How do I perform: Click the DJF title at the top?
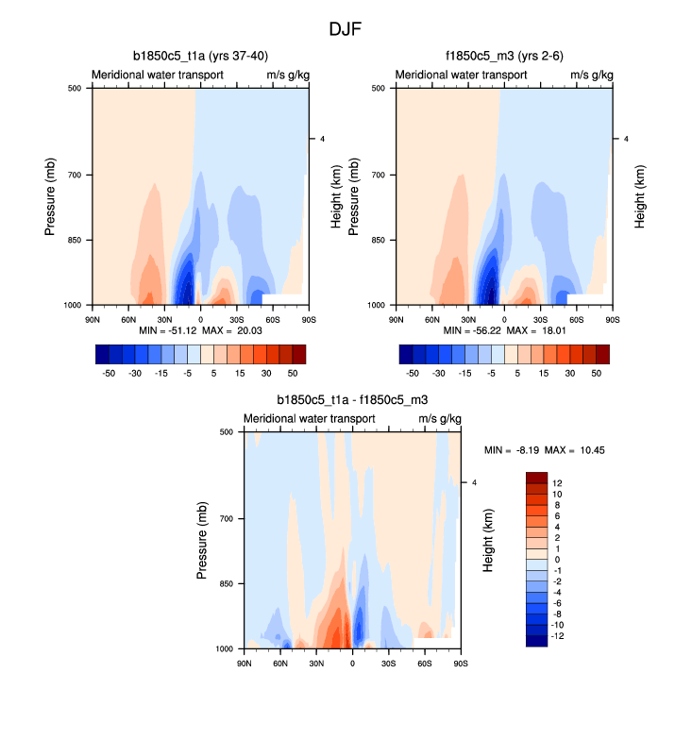pyautogui.click(x=346, y=29)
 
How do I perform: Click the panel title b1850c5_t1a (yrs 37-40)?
pyautogui.click(x=200, y=56)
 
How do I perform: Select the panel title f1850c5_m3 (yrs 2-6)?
pyautogui.click(x=504, y=56)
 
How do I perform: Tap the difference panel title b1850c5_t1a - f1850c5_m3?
pyautogui.click(x=352, y=400)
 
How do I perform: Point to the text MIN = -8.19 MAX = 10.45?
pyautogui.click(x=544, y=450)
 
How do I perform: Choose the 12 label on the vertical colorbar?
pyautogui.click(x=557, y=482)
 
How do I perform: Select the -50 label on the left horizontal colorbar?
pyautogui.click(x=109, y=373)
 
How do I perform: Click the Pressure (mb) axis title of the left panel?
pyautogui.click(x=52, y=196)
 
